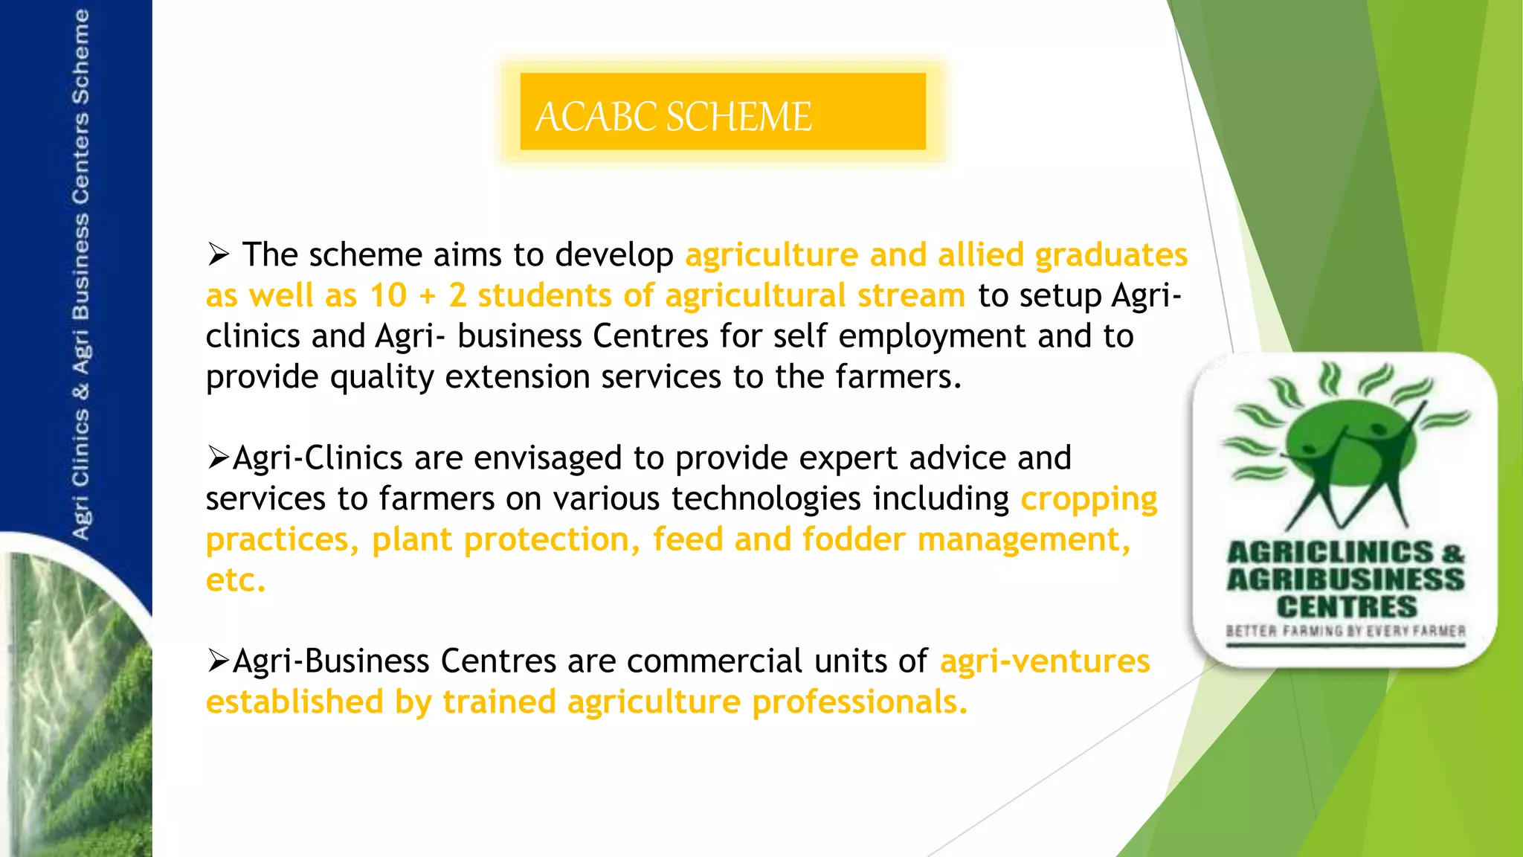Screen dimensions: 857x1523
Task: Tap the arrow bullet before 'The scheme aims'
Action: (x=218, y=255)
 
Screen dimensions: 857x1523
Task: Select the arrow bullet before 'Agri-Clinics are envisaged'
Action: (x=218, y=458)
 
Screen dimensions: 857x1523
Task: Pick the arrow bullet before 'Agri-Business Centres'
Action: (x=218, y=661)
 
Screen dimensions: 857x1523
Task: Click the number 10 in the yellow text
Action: (x=388, y=296)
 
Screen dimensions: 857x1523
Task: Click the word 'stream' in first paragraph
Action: (x=911, y=296)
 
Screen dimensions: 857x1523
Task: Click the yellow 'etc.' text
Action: (x=235, y=580)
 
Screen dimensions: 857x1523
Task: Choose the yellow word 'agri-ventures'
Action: (x=1045, y=661)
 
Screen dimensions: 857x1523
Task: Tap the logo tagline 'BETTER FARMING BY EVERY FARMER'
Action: (x=1345, y=632)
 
